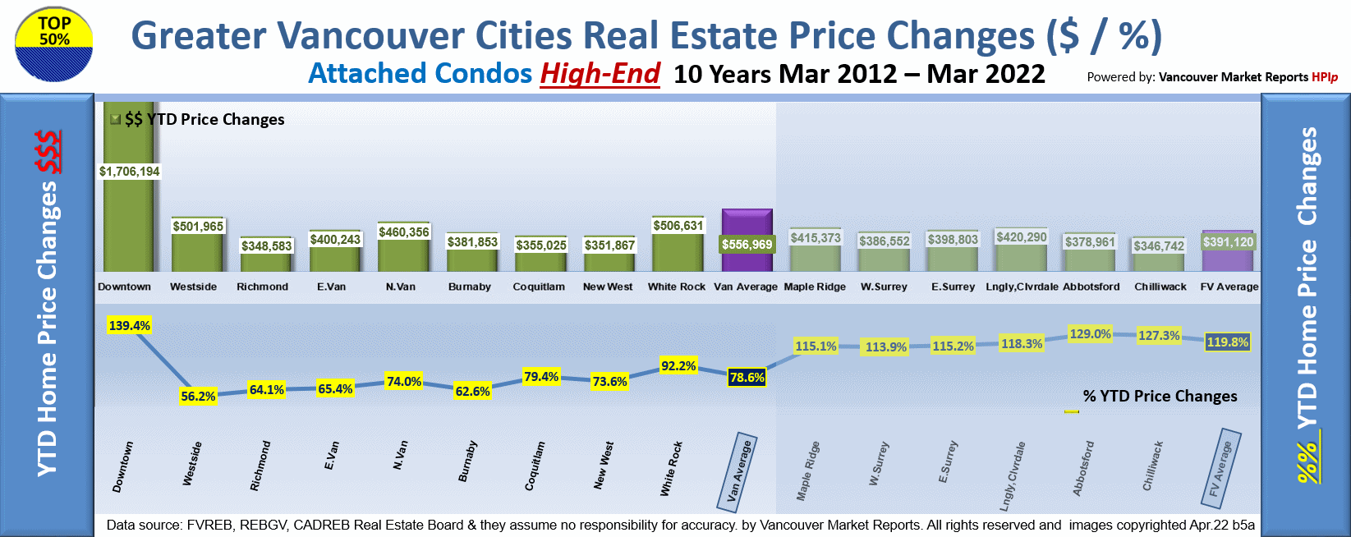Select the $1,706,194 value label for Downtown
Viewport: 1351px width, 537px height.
tap(130, 172)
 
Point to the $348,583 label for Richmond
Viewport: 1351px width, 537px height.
tap(266, 246)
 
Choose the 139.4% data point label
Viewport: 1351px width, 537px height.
tap(130, 326)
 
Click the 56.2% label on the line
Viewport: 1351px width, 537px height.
tap(198, 396)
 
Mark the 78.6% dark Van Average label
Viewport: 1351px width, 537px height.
tap(747, 378)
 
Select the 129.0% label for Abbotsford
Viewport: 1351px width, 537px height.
tap(1090, 334)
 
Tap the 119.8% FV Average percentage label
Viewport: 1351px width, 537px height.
tap(1228, 342)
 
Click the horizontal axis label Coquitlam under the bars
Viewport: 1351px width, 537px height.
tap(539, 287)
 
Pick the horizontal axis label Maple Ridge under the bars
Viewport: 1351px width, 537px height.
tap(815, 287)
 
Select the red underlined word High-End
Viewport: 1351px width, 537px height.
tap(600, 74)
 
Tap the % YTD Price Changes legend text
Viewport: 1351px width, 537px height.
tap(1160, 396)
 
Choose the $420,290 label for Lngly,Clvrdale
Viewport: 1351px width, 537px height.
tap(1022, 237)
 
